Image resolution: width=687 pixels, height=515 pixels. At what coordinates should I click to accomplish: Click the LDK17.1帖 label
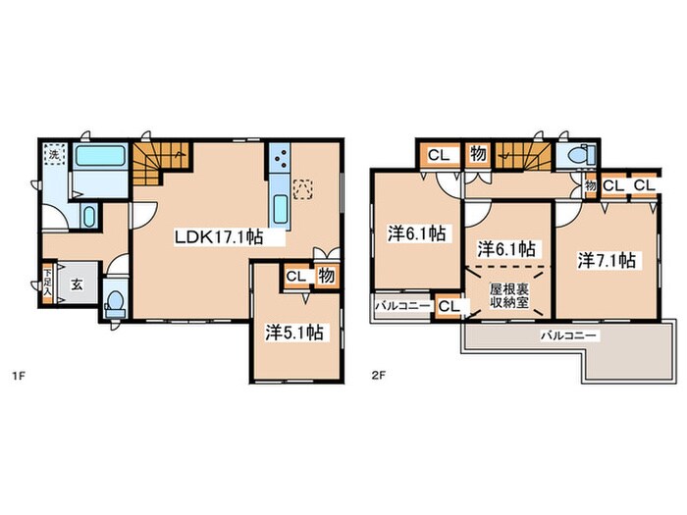[219, 237]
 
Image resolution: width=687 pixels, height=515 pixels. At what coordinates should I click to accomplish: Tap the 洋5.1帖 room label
[294, 333]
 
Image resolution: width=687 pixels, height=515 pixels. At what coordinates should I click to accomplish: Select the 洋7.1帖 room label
[607, 261]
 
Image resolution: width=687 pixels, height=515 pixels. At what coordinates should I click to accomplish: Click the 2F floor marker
[378, 376]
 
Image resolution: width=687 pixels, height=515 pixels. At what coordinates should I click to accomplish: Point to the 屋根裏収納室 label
[509, 295]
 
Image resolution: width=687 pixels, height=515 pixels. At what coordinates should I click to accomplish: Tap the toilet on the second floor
[580, 155]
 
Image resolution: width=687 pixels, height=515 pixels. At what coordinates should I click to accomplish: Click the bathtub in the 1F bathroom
[100, 156]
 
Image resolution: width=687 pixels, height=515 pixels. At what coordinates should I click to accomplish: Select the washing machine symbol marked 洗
[54, 154]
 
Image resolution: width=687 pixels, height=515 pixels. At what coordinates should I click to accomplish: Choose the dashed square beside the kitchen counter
[303, 189]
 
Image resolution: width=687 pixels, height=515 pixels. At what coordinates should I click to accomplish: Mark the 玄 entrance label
[77, 284]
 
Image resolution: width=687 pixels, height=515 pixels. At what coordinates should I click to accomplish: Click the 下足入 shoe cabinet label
[47, 283]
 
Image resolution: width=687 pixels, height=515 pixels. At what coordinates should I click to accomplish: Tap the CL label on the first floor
[295, 277]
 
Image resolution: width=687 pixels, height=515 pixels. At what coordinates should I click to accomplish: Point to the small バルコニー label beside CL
[402, 306]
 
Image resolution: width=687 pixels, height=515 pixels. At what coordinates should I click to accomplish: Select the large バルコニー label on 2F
[568, 335]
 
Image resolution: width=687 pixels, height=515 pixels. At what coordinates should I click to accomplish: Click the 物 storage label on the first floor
[327, 276]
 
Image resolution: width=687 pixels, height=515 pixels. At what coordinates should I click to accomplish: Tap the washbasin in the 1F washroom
[89, 217]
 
